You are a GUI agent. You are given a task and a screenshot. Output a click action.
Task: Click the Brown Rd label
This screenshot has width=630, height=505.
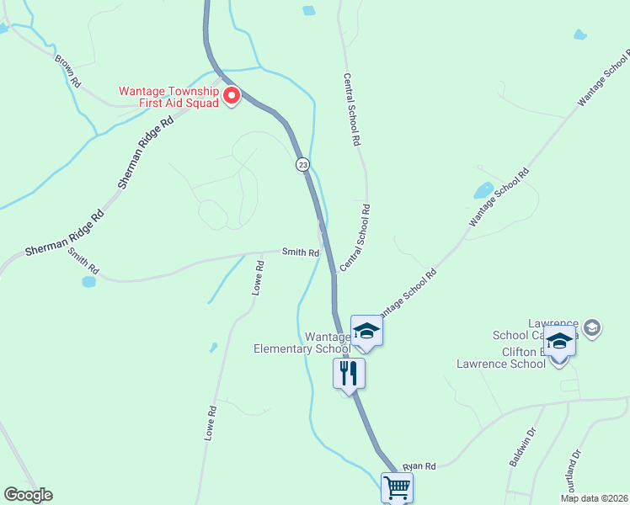68,72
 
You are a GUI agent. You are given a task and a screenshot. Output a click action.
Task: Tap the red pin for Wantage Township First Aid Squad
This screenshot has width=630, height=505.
231,97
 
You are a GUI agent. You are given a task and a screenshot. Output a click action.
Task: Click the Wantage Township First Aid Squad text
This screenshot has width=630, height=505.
168,97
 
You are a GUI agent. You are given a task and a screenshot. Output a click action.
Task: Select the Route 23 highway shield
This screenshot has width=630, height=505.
302,165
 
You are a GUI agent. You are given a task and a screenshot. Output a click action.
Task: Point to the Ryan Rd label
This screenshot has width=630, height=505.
419,466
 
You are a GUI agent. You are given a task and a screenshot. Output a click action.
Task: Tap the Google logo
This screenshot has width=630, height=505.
28,495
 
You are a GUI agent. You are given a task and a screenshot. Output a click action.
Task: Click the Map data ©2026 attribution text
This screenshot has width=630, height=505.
595,498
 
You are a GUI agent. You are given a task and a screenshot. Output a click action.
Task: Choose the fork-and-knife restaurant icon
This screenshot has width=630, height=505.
349,373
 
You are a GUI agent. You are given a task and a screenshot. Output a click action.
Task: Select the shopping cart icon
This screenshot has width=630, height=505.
397,486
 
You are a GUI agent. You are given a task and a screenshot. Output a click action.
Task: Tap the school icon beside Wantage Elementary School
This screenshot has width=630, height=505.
366,331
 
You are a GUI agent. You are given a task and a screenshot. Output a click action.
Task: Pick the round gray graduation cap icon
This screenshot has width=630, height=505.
592,327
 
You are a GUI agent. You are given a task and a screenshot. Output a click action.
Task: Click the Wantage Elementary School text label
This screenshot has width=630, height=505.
302,343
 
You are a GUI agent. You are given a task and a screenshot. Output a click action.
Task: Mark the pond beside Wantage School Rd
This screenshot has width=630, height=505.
483,190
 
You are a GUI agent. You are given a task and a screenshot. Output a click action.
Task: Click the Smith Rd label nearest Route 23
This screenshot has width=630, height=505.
301,252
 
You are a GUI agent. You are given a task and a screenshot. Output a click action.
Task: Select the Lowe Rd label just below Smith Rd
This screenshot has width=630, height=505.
259,276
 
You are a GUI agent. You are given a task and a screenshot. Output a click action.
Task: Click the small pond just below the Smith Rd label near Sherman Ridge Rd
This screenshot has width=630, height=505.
88,282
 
